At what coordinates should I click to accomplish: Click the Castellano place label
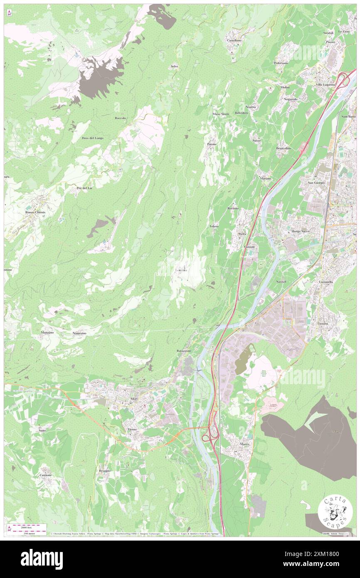tap(234, 40)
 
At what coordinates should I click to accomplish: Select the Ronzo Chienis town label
tap(35, 212)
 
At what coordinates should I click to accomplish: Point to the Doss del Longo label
tap(92, 138)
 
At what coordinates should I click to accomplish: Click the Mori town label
tap(134, 399)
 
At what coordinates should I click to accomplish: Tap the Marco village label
tap(245, 444)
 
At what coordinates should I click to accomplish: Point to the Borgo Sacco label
tap(301, 231)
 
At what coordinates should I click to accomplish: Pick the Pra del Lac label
tap(84, 188)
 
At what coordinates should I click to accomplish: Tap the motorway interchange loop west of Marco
tap(209, 436)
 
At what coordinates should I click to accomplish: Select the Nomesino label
tap(79, 333)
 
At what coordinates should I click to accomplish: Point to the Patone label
tap(212, 144)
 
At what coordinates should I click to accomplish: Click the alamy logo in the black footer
tap(42, 559)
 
